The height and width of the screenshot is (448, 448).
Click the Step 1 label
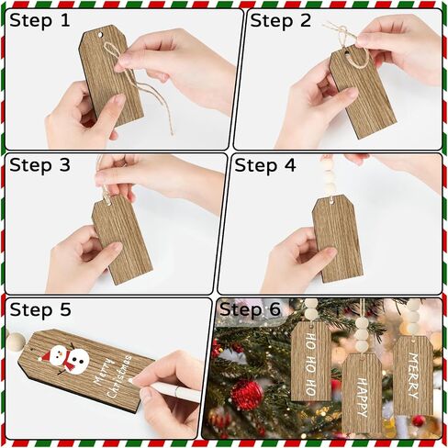point(39,21)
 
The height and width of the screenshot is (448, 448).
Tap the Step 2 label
point(280,21)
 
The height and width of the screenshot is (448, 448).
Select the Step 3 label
point(39,165)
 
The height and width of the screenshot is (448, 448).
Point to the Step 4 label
point(265,165)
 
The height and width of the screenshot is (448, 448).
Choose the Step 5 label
point(40,309)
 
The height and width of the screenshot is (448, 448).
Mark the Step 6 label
point(250,309)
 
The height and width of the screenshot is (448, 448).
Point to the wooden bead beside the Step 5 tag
point(16,342)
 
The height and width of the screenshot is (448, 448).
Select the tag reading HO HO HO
point(311,361)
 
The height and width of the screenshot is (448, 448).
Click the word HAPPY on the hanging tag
point(363,398)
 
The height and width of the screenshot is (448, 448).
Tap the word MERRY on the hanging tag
point(413,375)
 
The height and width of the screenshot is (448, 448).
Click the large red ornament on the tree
point(247,395)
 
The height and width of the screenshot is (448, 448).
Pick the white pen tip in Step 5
point(131,380)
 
